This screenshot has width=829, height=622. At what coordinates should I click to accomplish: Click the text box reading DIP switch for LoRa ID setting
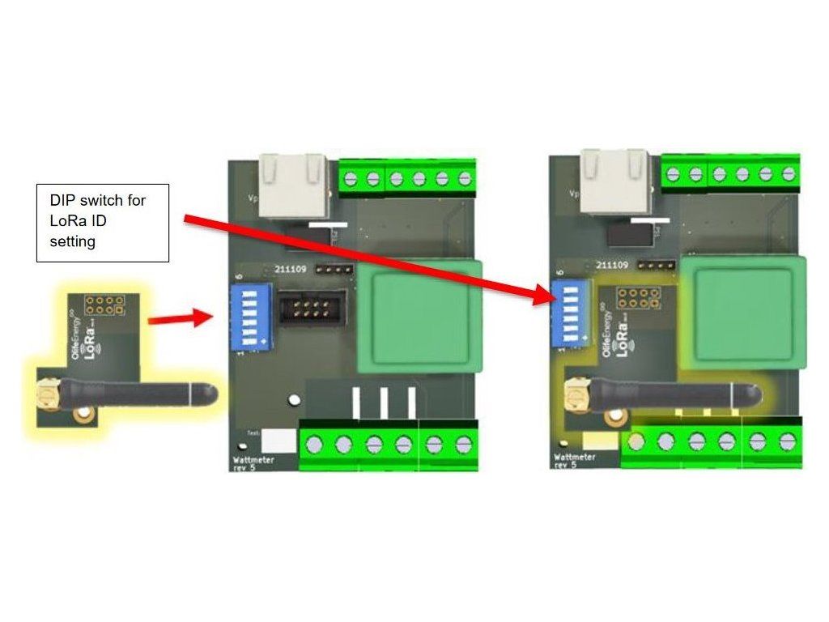coord(102,221)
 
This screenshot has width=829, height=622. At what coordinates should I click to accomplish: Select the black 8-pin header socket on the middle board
coord(308,309)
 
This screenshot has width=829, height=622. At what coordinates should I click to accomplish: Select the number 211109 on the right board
coord(612,265)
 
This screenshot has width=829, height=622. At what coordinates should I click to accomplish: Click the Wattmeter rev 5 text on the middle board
coord(253,464)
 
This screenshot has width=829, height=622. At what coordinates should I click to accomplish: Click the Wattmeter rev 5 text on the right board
coord(576,462)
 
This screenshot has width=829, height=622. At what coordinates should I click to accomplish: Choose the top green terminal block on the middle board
coord(406,177)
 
